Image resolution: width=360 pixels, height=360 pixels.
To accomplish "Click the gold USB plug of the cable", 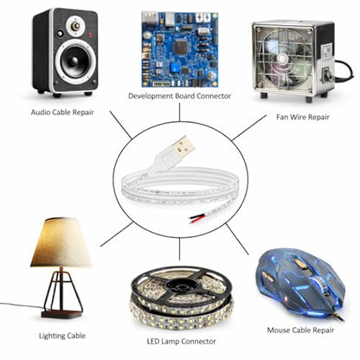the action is [x=183, y=147].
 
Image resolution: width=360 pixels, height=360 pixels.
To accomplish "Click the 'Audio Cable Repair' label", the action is [x=62, y=112].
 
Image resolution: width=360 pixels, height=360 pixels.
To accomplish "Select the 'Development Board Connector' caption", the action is [x=179, y=96].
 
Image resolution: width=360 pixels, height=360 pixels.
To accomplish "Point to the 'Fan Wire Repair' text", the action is [x=303, y=117].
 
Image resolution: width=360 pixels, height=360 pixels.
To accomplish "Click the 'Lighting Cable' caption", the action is [x=62, y=336].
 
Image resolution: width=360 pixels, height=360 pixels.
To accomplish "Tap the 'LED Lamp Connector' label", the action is [x=181, y=342].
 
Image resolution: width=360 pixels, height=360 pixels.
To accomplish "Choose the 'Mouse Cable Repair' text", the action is [x=300, y=330].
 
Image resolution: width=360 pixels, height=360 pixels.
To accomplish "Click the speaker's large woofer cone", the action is [x=75, y=61].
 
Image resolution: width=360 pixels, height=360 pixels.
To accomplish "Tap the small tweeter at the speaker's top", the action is [x=75, y=26].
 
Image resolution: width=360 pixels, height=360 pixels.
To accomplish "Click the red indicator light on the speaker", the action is [x=90, y=35].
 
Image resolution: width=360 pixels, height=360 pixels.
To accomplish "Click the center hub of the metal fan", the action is [x=281, y=59].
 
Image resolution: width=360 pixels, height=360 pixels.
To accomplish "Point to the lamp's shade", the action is [x=61, y=242].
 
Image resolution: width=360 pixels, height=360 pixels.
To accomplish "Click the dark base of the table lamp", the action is [x=62, y=314].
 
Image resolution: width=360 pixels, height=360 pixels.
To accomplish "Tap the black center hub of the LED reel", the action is [x=179, y=286].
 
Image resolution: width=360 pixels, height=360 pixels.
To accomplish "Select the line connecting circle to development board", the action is [x=179, y=112].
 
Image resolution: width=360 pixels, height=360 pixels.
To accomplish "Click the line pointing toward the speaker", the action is [x=121, y=125].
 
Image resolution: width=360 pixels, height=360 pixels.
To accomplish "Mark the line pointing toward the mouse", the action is [x=237, y=239].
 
